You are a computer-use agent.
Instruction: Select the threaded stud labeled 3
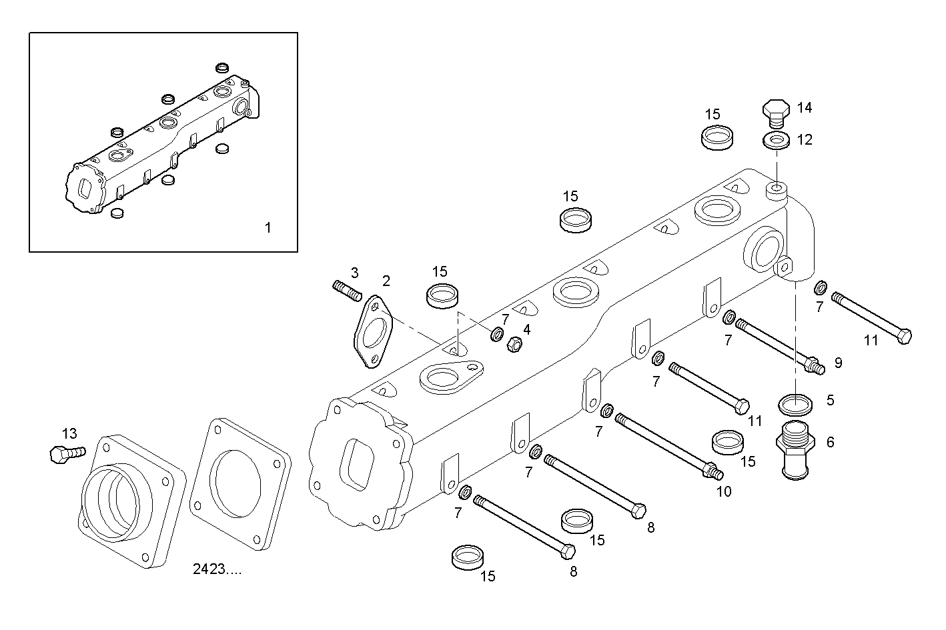pos(346,290)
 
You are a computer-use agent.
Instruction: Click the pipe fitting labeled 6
pos(797,449)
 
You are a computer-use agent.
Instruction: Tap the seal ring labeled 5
pos(796,404)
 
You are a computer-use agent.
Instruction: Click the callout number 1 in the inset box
pos(268,228)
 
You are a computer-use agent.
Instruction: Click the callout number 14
pos(805,108)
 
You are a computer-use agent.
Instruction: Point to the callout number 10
pos(724,492)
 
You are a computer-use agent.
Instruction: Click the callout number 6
pos(831,442)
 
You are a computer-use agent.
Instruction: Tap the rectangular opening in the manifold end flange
pos(354,463)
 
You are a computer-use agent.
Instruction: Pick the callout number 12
pos(805,140)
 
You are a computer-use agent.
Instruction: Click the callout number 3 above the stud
pos(355,273)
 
